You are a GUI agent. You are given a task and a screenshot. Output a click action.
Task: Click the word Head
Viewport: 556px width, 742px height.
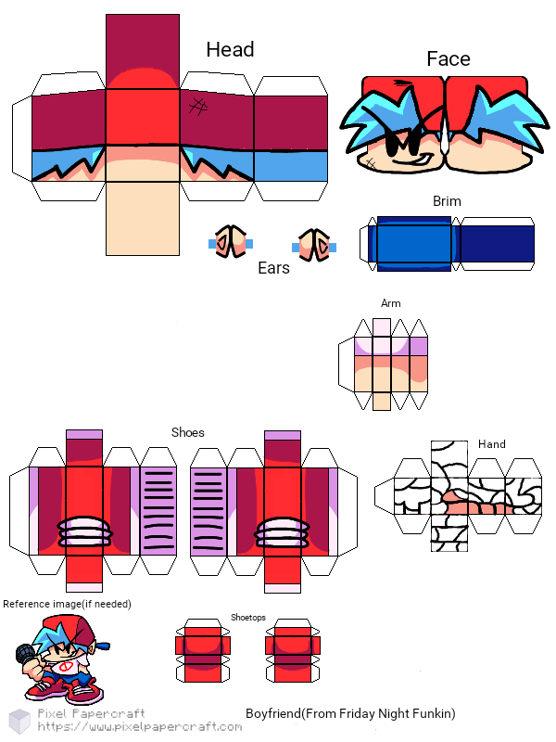click(230, 49)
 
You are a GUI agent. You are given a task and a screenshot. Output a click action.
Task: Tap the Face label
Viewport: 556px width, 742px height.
click(449, 58)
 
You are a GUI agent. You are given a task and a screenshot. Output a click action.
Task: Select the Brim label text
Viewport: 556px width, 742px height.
click(447, 200)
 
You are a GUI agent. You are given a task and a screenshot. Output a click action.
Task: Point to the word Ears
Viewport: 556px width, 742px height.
click(273, 268)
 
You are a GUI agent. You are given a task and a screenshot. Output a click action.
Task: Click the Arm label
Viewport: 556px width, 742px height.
click(391, 303)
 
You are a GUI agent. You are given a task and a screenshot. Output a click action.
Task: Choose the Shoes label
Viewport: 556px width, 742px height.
click(188, 432)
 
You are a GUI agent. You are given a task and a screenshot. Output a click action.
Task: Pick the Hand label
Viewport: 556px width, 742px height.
click(491, 444)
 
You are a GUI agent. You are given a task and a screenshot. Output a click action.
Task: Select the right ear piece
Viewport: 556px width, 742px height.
click(314, 244)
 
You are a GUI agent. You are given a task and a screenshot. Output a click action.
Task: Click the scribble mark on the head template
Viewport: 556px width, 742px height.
click(197, 106)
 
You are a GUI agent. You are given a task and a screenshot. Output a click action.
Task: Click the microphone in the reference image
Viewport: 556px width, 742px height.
click(22, 655)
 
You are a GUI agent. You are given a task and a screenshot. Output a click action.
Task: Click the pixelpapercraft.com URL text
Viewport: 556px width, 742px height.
click(139, 727)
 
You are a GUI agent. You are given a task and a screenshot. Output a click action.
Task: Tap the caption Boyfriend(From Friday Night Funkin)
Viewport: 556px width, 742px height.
click(350, 713)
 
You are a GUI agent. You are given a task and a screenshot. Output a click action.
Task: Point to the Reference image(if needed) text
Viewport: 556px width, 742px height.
click(67, 604)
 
